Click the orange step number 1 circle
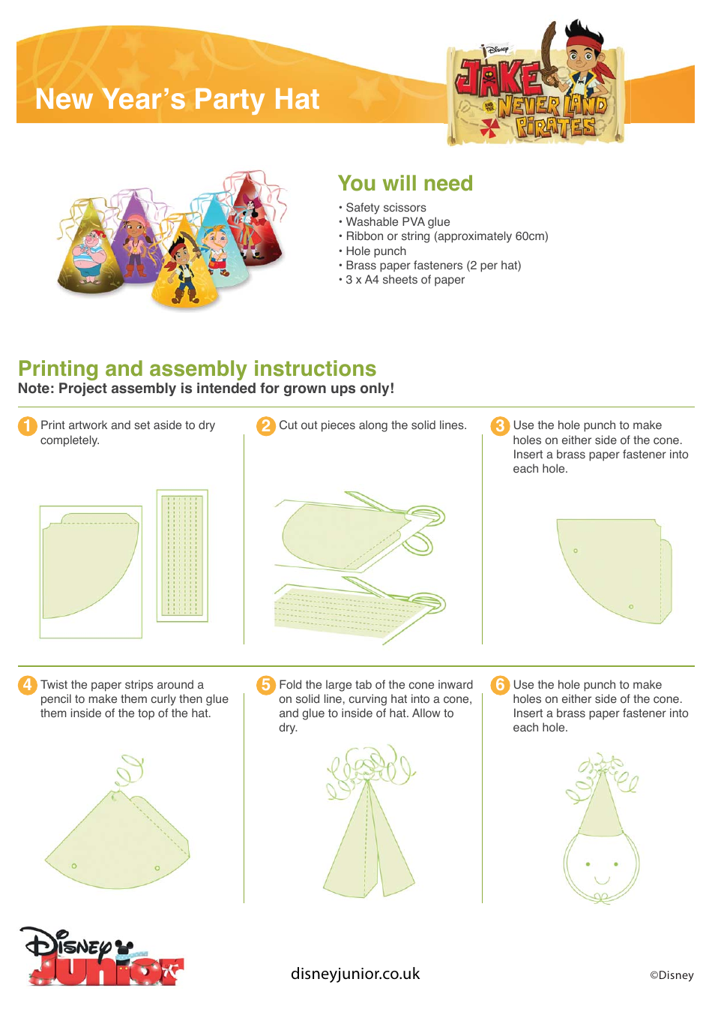pos(27,426)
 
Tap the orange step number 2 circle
pos(266,426)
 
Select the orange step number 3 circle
pos(500,426)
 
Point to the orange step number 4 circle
pos(27,685)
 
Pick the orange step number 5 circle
pos(266,685)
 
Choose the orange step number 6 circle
pos(500,685)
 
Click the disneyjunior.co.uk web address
pos(355,974)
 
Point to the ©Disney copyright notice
pos(672,975)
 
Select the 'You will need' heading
pos(405,184)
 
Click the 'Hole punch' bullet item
pos(375,251)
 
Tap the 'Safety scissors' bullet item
pos(385,208)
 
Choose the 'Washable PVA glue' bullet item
pos(397,222)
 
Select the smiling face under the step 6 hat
pos(601,866)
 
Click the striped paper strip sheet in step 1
pos(182,555)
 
